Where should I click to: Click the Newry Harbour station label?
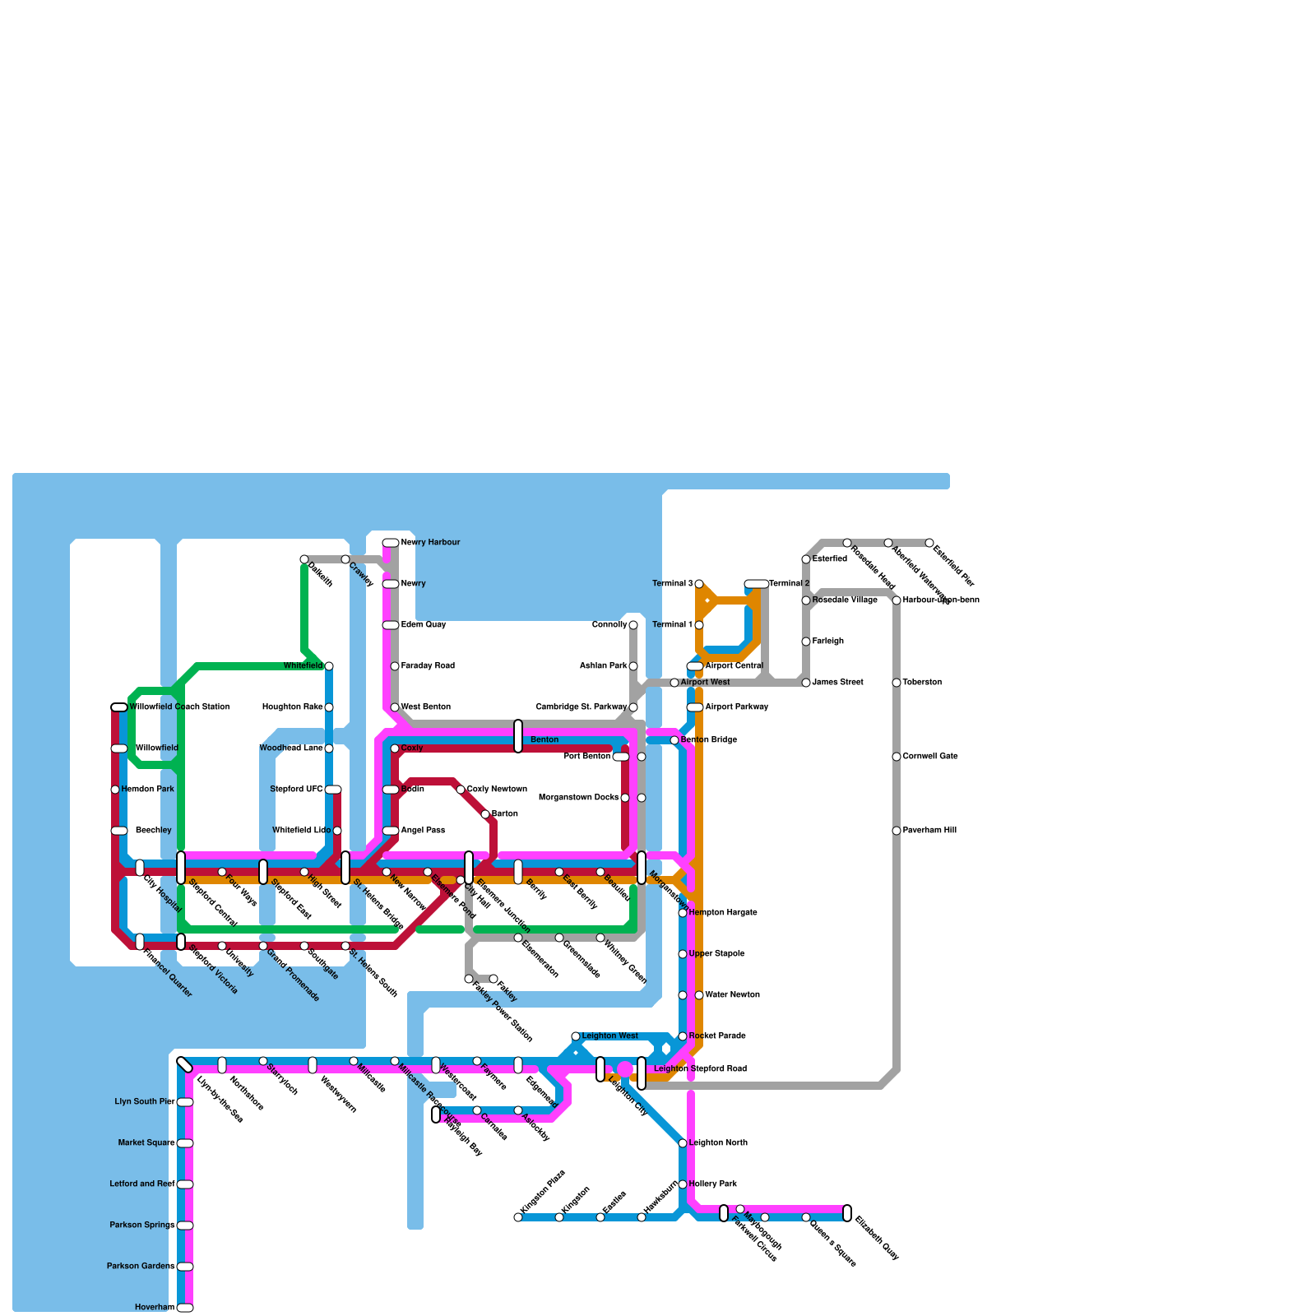click(x=430, y=543)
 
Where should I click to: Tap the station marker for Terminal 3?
click(x=699, y=584)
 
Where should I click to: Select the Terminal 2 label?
click(x=790, y=584)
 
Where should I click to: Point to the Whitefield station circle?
click(x=329, y=666)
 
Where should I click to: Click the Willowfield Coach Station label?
click(x=179, y=707)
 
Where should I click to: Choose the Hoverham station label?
click(x=155, y=1308)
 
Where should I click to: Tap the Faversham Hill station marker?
click(x=897, y=831)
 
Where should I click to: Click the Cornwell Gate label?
click(x=930, y=757)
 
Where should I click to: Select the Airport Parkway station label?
click(x=737, y=707)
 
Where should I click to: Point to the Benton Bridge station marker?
click(x=674, y=740)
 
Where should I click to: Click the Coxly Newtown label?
click(x=497, y=790)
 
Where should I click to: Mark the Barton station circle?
click(x=485, y=814)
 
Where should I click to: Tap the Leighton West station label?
click(x=610, y=1036)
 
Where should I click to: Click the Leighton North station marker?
click(x=683, y=1143)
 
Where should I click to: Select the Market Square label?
click(x=146, y=1143)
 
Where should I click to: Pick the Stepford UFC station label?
click(x=296, y=790)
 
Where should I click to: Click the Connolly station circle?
click(x=633, y=625)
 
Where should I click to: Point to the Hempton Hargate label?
click(x=723, y=913)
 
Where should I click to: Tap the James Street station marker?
click(x=806, y=683)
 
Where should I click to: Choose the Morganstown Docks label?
click(x=578, y=798)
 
